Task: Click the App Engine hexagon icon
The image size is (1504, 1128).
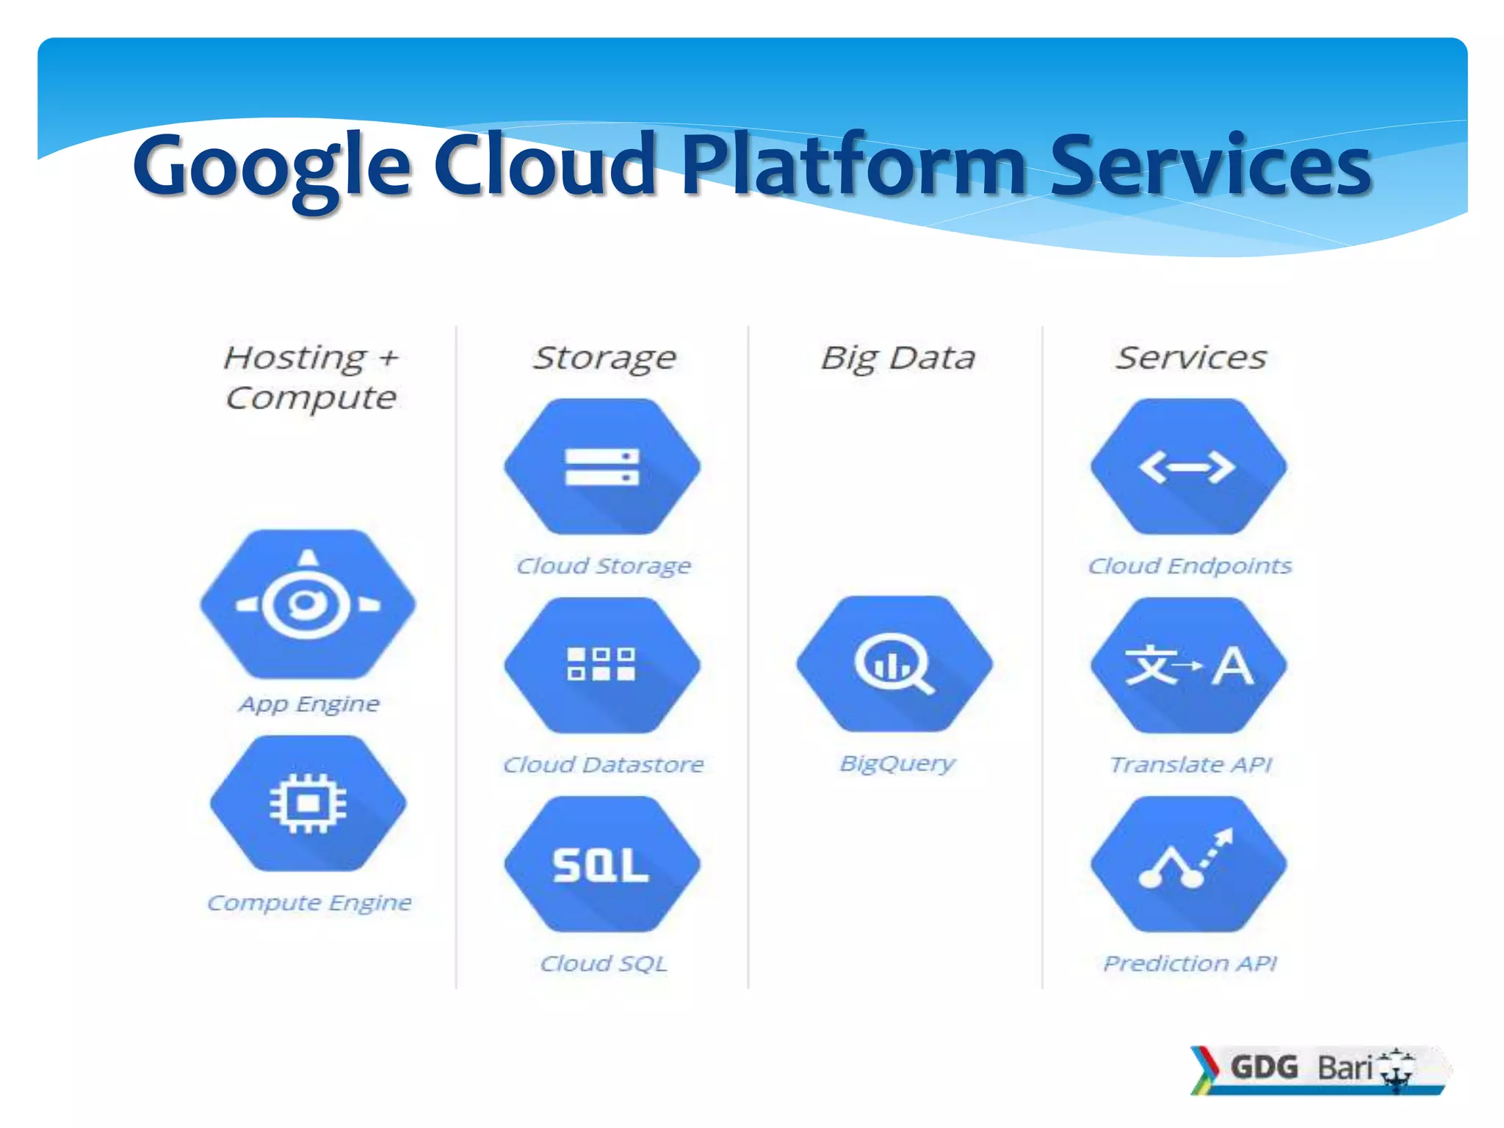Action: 308,604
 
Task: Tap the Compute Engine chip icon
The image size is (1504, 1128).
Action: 308,803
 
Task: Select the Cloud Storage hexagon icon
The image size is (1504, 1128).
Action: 602,467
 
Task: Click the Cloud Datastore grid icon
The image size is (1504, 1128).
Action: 602,665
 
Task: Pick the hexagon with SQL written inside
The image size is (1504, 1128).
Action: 602,864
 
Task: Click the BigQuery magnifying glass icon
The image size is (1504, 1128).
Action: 894,664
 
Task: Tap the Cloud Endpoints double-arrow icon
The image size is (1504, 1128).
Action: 1188,467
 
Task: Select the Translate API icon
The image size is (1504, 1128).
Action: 1188,665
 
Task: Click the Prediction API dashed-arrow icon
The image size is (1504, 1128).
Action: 1188,864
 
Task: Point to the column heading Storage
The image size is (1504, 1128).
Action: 604,358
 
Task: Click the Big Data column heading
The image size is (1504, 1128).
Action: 897,358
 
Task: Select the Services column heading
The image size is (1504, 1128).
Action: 1191,358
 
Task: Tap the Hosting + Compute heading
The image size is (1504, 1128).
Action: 311,377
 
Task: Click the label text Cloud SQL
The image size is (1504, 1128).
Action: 604,963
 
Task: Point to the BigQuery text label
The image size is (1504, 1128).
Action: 897,764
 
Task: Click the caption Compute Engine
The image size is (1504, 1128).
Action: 309,903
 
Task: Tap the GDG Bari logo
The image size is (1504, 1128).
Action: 1318,1069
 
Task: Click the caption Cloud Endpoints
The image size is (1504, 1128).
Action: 1190,565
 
